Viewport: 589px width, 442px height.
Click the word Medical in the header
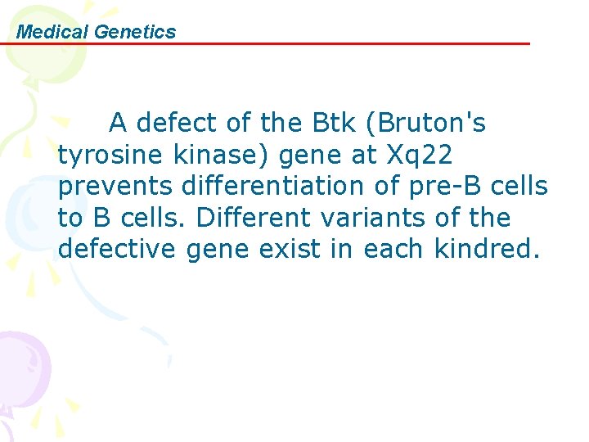[x=53, y=32]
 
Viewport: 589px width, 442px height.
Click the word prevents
[x=115, y=187]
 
